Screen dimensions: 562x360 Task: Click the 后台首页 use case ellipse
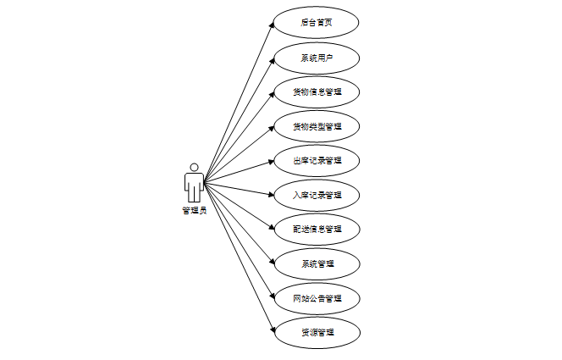click(x=317, y=23)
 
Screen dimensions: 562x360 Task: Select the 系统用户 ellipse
click(x=317, y=58)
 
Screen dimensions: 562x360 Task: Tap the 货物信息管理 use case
click(x=317, y=91)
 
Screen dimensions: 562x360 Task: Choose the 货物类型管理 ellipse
click(x=317, y=126)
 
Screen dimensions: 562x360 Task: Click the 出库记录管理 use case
click(x=317, y=160)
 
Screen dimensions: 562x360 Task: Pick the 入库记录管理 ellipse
click(x=317, y=195)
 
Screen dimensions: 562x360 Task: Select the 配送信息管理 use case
click(x=317, y=229)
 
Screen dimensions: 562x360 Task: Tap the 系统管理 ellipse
click(x=317, y=263)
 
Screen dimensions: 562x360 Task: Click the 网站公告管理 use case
click(x=317, y=298)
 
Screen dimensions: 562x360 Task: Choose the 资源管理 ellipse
click(x=317, y=332)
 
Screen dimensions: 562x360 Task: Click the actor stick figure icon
click(x=194, y=183)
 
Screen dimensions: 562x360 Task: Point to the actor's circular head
click(x=194, y=167)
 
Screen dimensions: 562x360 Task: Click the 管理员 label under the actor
click(x=194, y=210)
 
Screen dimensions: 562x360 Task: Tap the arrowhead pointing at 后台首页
click(x=272, y=26)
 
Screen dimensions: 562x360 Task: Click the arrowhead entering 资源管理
click(x=272, y=329)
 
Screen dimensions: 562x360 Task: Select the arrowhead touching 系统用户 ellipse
click(x=272, y=60)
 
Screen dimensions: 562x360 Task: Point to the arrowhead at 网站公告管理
click(x=271, y=295)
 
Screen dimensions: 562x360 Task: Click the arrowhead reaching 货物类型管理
click(x=271, y=127)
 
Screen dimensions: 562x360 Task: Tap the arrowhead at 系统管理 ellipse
click(x=271, y=262)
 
